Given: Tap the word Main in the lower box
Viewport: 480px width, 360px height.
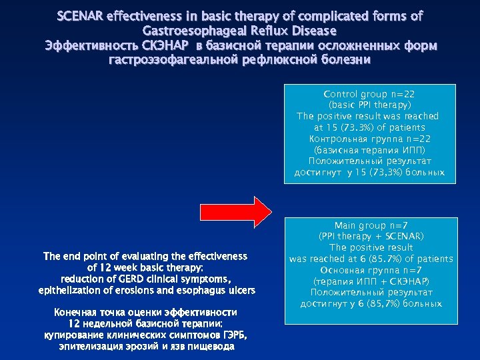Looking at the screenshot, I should [347, 226].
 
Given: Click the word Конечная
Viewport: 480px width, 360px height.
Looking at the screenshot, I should [75, 313].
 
